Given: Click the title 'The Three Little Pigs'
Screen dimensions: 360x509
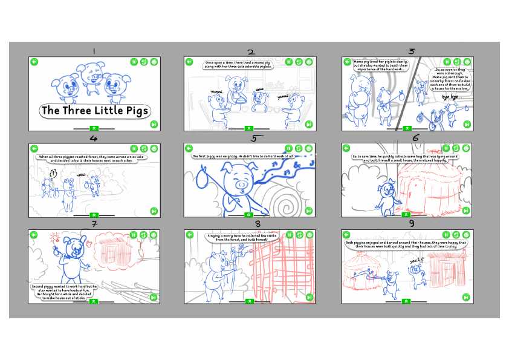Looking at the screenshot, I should pyautogui.click(x=94, y=111).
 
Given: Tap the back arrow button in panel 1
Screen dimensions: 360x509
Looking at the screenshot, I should pyautogui.click(x=34, y=62).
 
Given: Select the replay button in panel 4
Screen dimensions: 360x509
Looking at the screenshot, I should pyautogui.click(x=144, y=148).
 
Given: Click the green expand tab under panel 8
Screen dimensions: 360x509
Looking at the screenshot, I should pyautogui.click(x=250, y=301).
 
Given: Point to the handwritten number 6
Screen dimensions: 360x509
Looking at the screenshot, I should pyautogui.click(x=415, y=138).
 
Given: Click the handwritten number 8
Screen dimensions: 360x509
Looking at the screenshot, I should pyautogui.click(x=258, y=224).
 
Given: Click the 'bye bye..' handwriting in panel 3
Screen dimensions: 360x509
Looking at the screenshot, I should pyautogui.click(x=451, y=97).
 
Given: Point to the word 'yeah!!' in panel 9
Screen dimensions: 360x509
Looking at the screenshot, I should pyautogui.click(x=417, y=260).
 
